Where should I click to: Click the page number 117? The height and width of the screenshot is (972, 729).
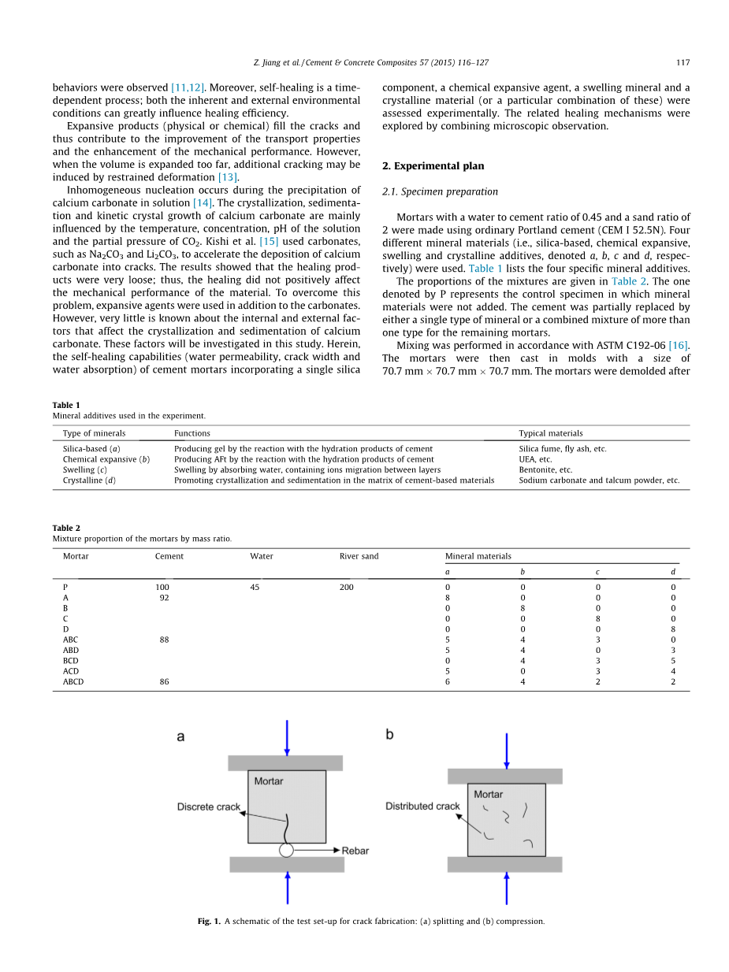click(x=683, y=63)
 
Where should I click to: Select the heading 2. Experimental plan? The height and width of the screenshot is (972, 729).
click(x=433, y=166)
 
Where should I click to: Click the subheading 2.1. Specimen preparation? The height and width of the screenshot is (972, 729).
click(x=440, y=191)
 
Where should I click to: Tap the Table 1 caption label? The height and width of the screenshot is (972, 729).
click(x=66, y=405)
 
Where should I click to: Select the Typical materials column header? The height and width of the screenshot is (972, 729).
click(x=551, y=433)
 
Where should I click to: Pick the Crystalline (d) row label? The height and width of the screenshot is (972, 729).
click(x=89, y=480)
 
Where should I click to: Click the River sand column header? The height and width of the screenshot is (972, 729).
click(x=359, y=556)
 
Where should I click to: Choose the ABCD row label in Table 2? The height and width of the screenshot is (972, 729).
click(x=73, y=682)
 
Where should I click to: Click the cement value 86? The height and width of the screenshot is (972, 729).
click(x=164, y=682)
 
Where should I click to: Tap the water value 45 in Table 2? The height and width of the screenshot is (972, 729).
click(x=255, y=588)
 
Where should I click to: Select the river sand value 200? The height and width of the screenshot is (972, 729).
click(x=347, y=588)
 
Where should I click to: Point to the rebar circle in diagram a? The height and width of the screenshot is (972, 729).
click(x=287, y=850)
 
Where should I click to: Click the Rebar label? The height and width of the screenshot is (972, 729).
click(x=355, y=851)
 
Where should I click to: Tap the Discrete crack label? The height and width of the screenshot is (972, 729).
click(x=208, y=807)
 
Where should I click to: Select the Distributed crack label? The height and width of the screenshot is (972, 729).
click(x=422, y=806)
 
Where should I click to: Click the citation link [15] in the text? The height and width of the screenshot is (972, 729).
click(x=269, y=241)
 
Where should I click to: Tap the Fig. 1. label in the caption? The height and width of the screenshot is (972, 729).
click(x=209, y=921)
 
